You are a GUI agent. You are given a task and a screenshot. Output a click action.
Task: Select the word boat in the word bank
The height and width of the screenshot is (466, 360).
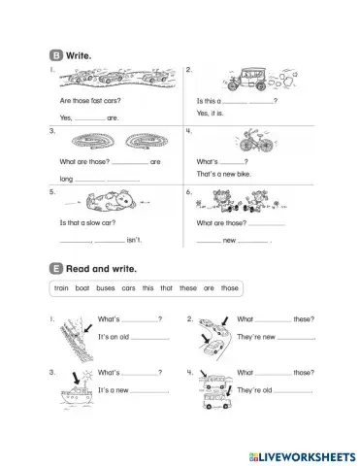(x=87, y=288)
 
